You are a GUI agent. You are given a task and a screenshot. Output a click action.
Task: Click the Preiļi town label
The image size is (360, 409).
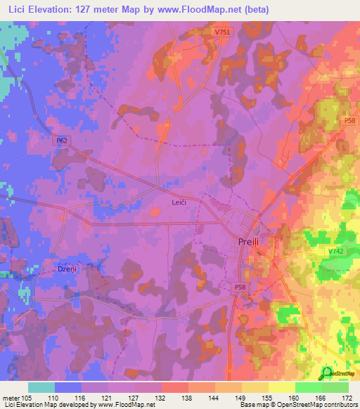[x=250, y=242]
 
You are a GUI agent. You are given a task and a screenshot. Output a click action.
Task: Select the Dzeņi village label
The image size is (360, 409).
[x=66, y=268]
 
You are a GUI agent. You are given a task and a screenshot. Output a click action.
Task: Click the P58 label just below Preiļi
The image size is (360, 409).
[x=242, y=287]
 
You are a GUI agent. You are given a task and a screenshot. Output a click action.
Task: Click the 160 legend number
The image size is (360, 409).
[x=295, y=398]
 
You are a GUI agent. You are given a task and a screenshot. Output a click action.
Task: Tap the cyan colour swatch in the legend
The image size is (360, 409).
[x=41, y=387]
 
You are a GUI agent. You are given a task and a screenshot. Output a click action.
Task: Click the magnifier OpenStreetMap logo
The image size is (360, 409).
[x=326, y=373]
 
